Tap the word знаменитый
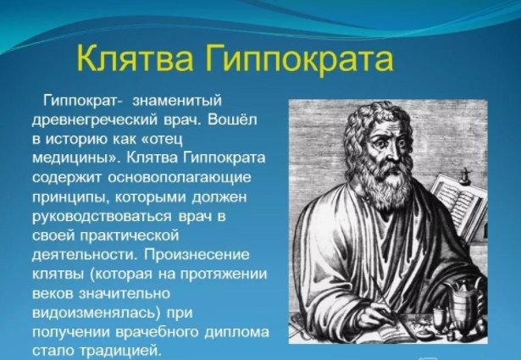click(x=177, y=100)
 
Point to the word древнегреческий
click(x=96, y=120)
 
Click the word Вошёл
click(x=233, y=119)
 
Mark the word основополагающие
click(x=180, y=178)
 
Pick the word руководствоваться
click(x=102, y=217)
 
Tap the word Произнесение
click(x=197, y=255)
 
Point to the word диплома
click(x=236, y=333)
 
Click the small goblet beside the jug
click(x=440, y=318)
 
